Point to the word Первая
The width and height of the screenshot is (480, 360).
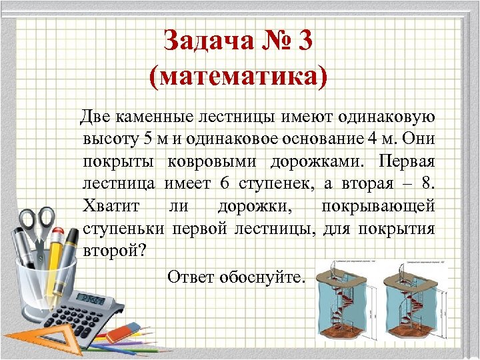pyautogui.click(x=407, y=162)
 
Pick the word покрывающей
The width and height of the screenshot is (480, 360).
pyautogui.click(x=378, y=207)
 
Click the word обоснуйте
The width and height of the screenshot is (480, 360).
pyautogui.click(x=264, y=276)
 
